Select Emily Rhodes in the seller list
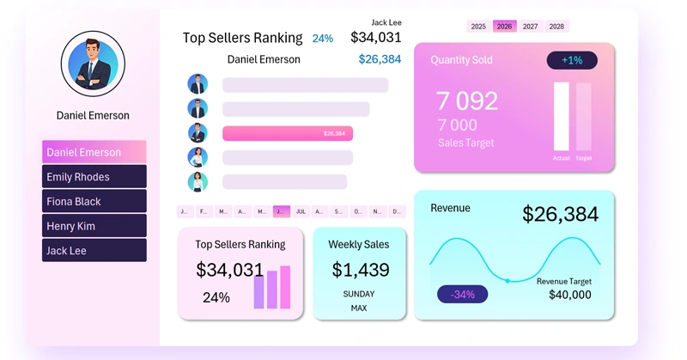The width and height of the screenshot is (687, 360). (x=94, y=177)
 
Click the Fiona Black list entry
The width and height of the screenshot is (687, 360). (x=94, y=201)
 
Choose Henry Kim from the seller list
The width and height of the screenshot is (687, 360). (x=94, y=226)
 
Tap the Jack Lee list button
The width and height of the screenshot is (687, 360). (x=94, y=250)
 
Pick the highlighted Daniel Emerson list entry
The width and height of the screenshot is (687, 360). (x=94, y=152)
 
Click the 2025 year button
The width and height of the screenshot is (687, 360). (x=478, y=27)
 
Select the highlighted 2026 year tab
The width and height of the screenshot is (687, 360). (x=505, y=27)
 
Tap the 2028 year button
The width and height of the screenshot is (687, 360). (x=556, y=27)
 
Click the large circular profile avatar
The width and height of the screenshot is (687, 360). (x=93, y=64)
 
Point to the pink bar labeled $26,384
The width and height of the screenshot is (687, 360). (x=287, y=133)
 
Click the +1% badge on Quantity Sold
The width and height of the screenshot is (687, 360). (x=572, y=60)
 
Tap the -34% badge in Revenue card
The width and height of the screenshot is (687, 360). (x=463, y=295)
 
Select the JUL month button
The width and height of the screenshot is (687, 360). (x=301, y=211)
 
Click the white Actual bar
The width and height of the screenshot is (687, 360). (x=562, y=116)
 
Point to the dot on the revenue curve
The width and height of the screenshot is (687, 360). (x=508, y=281)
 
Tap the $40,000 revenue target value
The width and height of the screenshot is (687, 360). (x=570, y=295)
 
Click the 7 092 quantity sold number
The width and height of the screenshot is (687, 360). (x=467, y=101)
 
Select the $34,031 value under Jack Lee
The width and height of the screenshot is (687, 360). (x=375, y=37)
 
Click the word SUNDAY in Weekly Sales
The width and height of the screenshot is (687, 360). (x=358, y=294)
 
